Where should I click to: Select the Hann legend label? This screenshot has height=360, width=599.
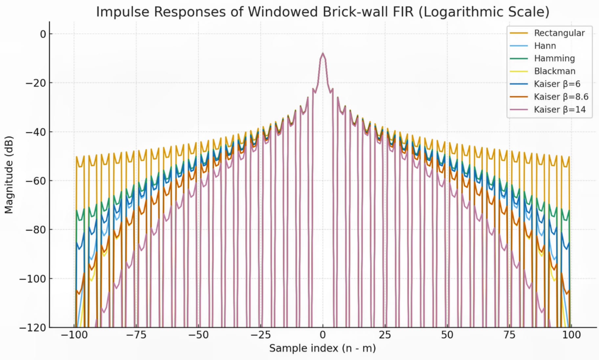545,46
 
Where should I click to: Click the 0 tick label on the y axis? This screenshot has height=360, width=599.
43,34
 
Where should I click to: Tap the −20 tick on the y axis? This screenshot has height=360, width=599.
36,83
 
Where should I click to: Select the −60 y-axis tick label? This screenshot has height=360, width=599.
36,181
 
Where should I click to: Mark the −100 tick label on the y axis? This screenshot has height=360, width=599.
33,279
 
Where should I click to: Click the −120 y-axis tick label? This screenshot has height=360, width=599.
33,328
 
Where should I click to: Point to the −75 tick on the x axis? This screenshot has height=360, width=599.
136,335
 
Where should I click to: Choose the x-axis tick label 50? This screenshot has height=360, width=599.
447,335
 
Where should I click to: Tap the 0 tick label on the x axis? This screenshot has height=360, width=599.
322,335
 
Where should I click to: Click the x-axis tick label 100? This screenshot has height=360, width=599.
571,335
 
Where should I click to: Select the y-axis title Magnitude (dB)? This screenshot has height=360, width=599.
9,175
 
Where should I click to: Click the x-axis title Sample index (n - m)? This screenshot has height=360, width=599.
322,348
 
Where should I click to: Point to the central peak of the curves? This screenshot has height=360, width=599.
323,54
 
